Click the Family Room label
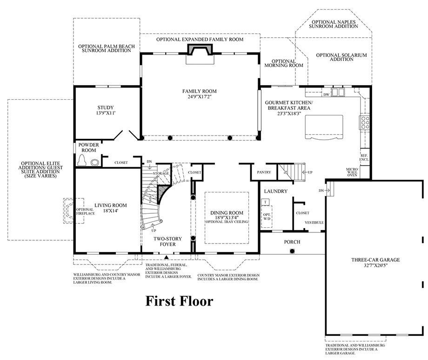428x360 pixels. [199, 91]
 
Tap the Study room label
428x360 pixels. [105, 108]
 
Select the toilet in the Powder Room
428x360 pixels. [81, 160]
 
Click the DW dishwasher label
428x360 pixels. [326, 95]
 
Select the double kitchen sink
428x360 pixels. [338, 92]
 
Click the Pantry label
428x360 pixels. [264, 172]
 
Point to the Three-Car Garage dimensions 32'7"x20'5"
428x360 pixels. [375, 265]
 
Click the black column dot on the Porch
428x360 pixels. [292, 251]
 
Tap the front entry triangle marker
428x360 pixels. [166, 257]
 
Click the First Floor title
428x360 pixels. [179, 301]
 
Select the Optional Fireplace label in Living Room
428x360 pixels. [85, 211]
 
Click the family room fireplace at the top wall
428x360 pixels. [200, 50]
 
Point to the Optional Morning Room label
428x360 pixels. [284, 63]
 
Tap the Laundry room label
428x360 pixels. [276, 191]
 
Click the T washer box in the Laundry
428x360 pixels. [265, 202]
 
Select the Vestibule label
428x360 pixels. [314, 223]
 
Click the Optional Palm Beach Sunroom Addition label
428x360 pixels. [107, 48]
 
